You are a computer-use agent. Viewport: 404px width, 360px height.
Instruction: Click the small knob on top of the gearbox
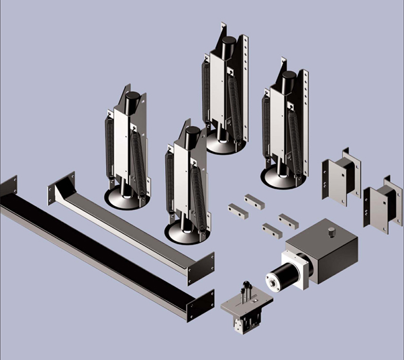[x=332, y=232]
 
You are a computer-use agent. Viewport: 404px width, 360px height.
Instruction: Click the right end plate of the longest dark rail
[x=200, y=305]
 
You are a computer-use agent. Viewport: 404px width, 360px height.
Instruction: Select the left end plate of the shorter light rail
[x=62, y=187]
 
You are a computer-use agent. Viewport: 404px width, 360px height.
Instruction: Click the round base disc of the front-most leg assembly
[x=186, y=234]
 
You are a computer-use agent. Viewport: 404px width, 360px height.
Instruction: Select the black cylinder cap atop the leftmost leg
[x=133, y=100]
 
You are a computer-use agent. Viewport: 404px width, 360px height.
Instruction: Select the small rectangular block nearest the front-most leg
[x=238, y=211]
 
